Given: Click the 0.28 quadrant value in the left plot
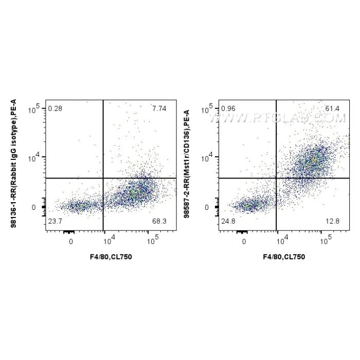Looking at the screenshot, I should coord(55,109).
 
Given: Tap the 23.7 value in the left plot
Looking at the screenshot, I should coord(55,222).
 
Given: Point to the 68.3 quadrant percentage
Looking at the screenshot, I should coord(159,222).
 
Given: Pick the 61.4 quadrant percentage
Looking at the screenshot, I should coord(332,109).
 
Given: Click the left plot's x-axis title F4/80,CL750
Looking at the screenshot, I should coord(111,256).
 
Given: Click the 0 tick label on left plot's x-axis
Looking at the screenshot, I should coord(71,241).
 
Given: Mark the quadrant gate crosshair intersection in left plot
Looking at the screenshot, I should coord(104,178).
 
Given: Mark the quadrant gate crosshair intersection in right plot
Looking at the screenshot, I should coord(277,178).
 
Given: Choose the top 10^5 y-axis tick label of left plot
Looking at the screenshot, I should coord(37,109).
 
